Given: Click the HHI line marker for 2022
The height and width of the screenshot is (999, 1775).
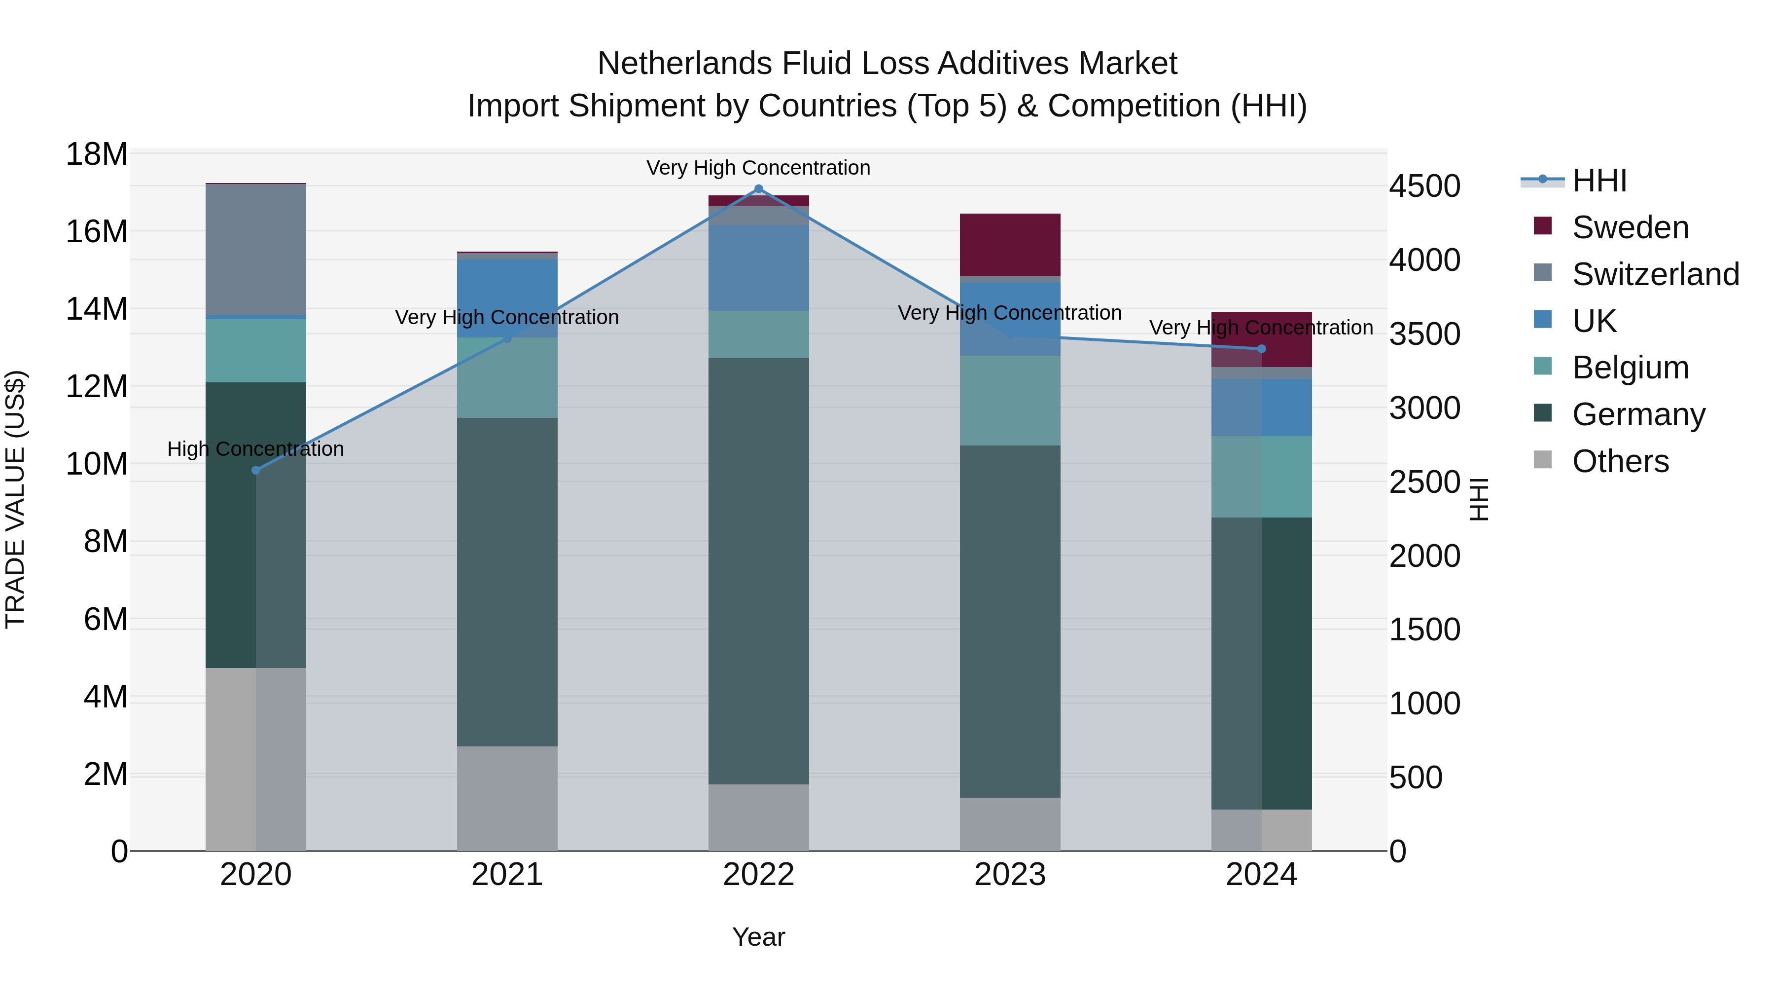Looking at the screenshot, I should (759, 189).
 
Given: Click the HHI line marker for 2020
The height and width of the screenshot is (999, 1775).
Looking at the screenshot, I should (255, 470).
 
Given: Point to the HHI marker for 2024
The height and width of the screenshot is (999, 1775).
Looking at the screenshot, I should (1262, 349).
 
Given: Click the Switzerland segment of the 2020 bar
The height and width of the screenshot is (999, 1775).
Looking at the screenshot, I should (255, 250).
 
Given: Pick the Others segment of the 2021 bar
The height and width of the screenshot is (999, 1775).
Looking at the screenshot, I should (507, 798).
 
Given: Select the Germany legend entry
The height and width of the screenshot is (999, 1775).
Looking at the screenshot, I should (1638, 414).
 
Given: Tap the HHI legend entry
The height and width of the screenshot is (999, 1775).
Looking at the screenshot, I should (1598, 181).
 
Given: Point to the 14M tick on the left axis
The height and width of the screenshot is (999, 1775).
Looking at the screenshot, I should (97, 309).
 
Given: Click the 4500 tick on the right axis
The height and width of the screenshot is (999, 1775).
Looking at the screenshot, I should (1423, 186).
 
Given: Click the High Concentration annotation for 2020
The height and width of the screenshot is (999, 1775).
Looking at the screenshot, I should (255, 449).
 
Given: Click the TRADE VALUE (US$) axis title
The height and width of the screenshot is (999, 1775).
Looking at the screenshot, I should (15, 499).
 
